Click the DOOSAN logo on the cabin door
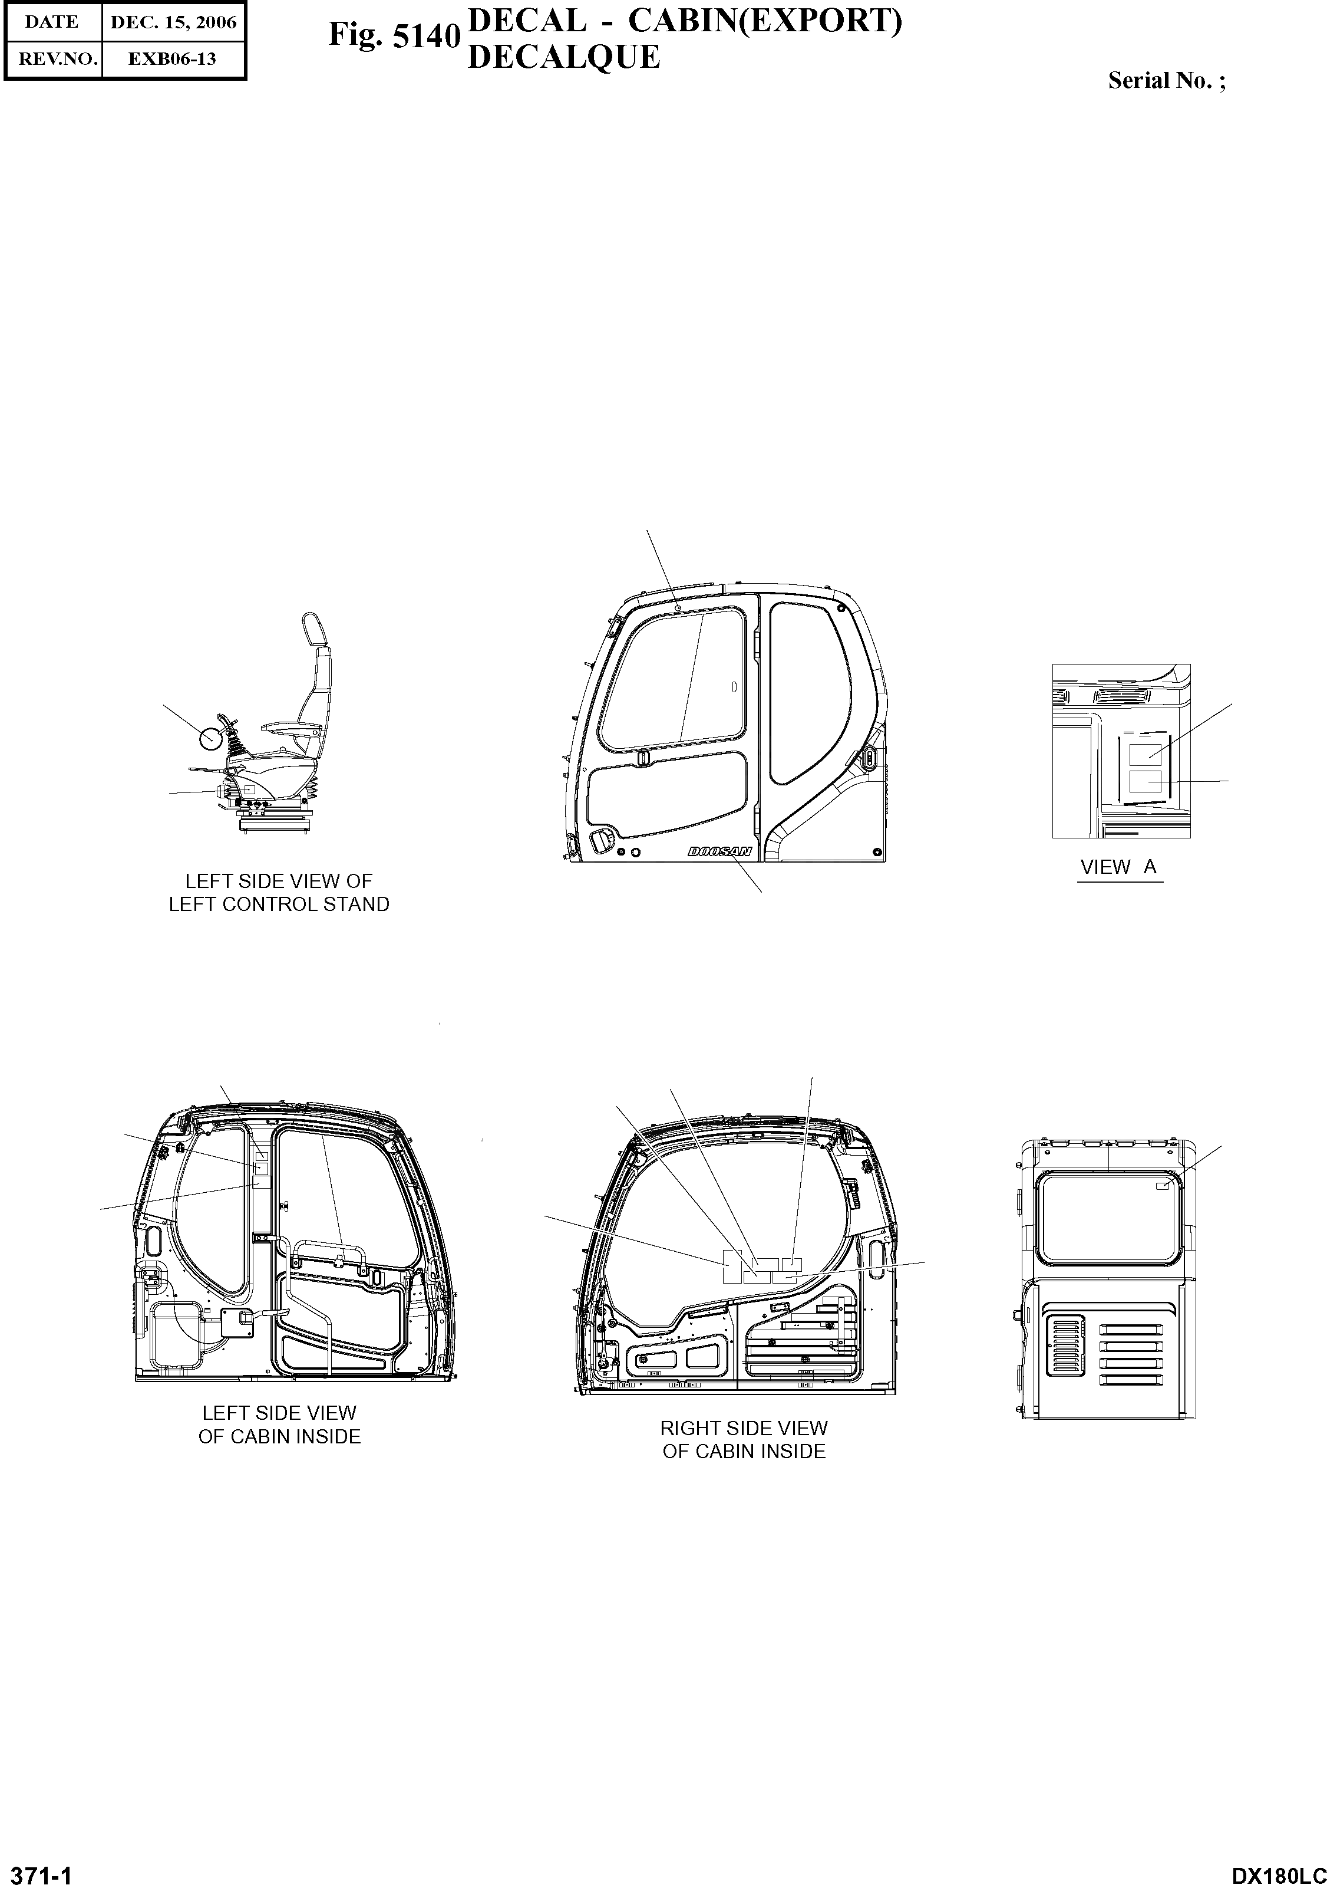tap(719, 852)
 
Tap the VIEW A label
tap(1118, 867)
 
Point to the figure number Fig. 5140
tap(394, 35)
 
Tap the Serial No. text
tap(1166, 80)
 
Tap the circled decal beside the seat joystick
tap(211, 738)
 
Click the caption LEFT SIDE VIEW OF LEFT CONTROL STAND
tap(279, 893)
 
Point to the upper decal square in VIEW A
tap(1145, 753)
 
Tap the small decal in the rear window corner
tap(1162, 1186)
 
